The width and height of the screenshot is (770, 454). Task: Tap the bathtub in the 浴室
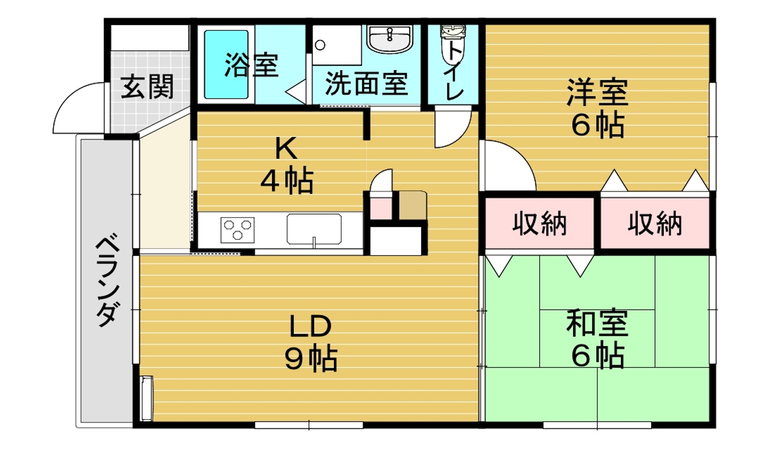226,65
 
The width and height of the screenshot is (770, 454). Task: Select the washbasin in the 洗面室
390,38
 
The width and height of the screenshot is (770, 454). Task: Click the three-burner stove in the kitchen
237,230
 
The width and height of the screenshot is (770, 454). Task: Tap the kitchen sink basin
314,229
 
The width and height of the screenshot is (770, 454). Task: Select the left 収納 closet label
540,224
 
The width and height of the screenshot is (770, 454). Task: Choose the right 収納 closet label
655,224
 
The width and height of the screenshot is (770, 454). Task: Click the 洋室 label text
597,92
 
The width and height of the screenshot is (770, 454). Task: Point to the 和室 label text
597,323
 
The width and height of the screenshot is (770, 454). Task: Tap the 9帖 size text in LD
311,358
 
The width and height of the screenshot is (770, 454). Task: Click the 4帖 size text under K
287,181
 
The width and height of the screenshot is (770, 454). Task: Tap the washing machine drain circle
320,45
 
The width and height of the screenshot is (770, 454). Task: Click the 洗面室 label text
367,83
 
